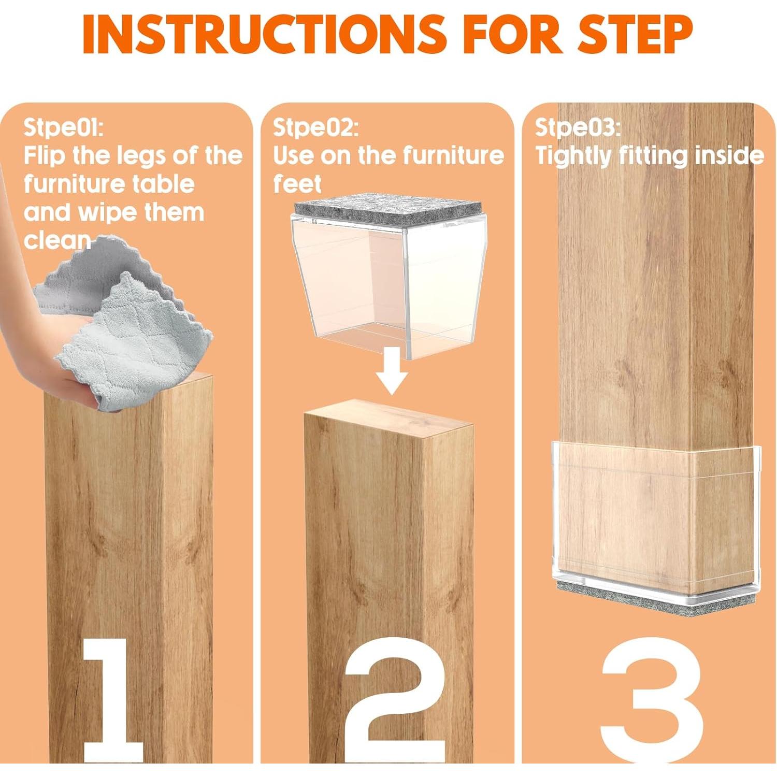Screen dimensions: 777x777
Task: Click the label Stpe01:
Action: click(x=63, y=127)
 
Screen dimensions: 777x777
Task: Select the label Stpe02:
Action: click(x=315, y=127)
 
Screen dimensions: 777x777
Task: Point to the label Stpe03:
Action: click(x=578, y=127)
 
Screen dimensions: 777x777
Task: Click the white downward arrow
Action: click(x=392, y=370)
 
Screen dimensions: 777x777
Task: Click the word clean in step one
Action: click(x=57, y=240)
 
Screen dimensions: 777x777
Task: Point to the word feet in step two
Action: click(x=297, y=184)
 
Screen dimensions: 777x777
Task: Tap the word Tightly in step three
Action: click(x=574, y=156)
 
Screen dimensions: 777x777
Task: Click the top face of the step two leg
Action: click(x=388, y=417)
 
